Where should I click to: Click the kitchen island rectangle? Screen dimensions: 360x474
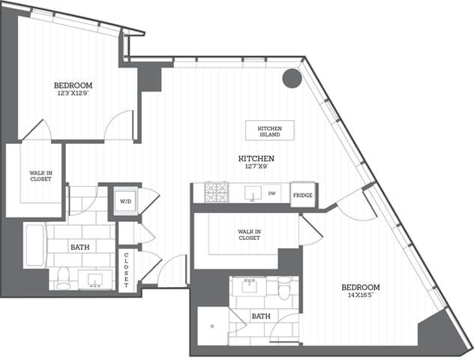269,130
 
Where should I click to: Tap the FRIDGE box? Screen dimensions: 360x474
302,194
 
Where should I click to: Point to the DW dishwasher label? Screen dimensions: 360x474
274,193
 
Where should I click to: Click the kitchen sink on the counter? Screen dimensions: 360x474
252,193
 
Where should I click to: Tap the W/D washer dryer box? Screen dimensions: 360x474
125,201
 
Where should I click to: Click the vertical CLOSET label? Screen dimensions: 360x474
126,270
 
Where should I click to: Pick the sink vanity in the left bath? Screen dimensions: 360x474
96,280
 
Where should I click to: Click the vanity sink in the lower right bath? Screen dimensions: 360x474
250,286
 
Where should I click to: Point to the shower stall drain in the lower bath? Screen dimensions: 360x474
213,326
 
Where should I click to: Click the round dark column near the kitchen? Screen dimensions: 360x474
290,78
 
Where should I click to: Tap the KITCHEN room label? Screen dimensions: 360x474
256,158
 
